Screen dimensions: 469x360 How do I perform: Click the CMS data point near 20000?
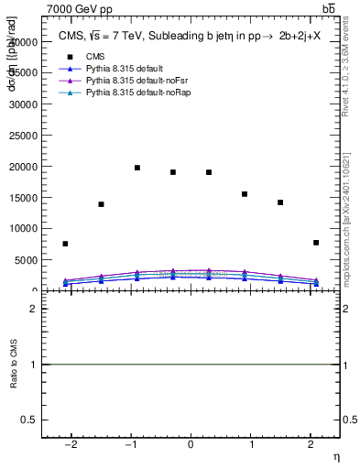coord(137,168)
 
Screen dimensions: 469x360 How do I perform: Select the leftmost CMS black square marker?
coord(65,244)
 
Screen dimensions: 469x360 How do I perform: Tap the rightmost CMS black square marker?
coord(316,243)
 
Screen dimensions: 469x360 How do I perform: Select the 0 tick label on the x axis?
coord(191,445)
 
